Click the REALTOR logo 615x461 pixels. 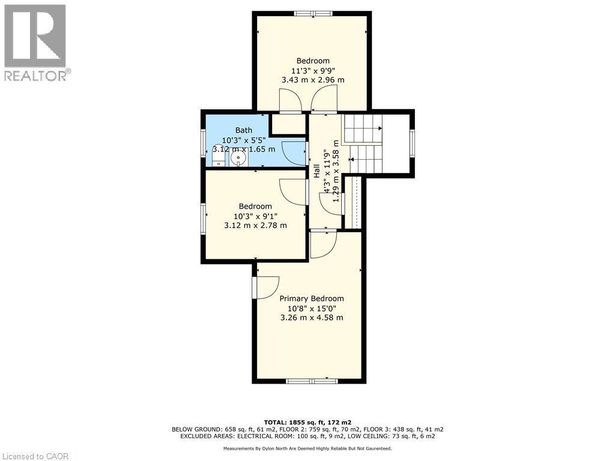click(x=36, y=42)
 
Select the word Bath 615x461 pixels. click(x=244, y=130)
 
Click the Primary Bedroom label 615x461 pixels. click(x=312, y=298)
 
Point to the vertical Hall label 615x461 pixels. click(x=316, y=171)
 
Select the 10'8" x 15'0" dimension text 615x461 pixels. click(x=312, y=308)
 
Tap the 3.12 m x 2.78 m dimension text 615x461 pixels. click(x=255, y=226)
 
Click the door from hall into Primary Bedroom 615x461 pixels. click(x=324, y=244)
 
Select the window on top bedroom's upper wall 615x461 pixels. click(x=313, y=13)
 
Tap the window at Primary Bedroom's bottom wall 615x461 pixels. click(x=312, y=381)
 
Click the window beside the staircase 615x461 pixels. click(x=412, y=143)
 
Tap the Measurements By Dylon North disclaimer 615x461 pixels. click(x=307, y=448)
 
